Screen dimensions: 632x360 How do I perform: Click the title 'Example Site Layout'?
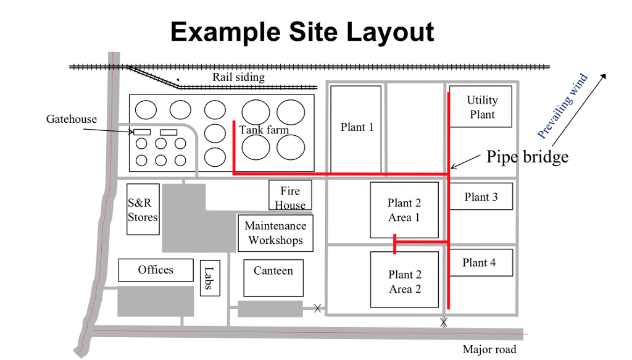[x=302, y=32]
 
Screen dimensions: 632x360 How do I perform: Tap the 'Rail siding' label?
[x=239, y=77]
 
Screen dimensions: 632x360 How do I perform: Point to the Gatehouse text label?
[x=72, y=119]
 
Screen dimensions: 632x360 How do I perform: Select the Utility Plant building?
[x=480, y=106]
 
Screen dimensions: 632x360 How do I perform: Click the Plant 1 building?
[x=356, y=130]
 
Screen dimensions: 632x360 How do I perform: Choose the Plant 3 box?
[x=481, y=196]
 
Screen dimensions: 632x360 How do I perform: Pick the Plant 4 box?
[x=481, y=262]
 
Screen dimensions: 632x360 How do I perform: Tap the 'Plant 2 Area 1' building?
[x=404, y=210]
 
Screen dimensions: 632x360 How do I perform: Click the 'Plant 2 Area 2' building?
[x=404, y=280]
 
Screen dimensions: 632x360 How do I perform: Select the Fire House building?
[x=290, y=195]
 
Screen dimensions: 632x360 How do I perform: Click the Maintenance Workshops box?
[x=276, y=233]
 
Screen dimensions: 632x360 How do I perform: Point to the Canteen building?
[x=273, y=278]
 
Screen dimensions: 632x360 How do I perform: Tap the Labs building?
[x=210, y=278]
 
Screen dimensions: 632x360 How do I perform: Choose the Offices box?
[x=156, y=270]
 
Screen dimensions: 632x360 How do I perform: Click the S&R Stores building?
[x=143, y=209]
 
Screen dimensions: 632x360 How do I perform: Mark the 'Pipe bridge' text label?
[x=527, y=157]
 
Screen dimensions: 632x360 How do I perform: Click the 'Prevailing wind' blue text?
[x=562, y=106]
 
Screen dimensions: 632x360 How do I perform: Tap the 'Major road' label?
[x=489, y=349]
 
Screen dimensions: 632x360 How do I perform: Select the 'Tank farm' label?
[x=264, y=130]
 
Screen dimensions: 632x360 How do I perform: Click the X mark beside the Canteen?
[x=318, y=308]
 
